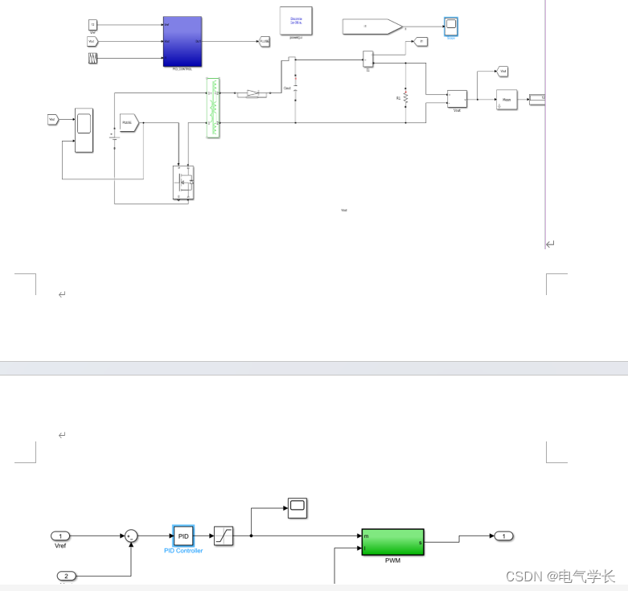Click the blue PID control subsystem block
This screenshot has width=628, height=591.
(182, 41)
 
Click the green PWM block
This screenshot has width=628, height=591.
(392, 542)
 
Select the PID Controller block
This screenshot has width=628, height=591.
(183, 536)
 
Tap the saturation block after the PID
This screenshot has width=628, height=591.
(224, 536)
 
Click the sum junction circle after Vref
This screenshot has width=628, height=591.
(130, 536)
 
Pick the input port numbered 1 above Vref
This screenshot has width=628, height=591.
(60, 536)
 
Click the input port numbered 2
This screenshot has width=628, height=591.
(67, 576)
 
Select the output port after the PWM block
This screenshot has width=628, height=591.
(503, 536)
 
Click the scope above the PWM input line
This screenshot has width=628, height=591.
(298, 507)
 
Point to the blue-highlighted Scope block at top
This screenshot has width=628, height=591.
(451, 26)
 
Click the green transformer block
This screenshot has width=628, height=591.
(213, 108)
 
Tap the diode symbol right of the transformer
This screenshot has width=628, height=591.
(253, 94)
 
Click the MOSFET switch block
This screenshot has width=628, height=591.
(184, 183)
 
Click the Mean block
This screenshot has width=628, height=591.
(507, 100)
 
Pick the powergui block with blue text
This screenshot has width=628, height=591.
(296, 22)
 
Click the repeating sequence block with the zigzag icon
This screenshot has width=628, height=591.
(92, 59)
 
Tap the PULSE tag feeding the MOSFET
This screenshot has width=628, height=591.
(129, 122)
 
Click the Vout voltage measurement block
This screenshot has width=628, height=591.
(457, 99)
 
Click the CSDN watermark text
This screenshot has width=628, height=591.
(560, 576)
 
